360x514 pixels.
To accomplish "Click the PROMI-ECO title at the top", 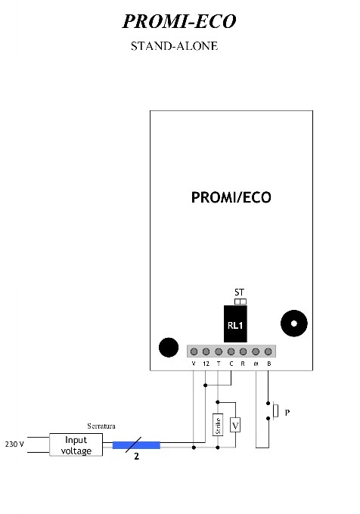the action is pos(179,22).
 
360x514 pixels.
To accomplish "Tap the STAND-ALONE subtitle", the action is pos(174,46).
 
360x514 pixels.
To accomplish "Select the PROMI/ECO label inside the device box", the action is pos(231,197).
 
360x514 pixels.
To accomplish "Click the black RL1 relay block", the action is pos(235,324).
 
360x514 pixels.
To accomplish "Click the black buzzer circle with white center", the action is pos(293,324).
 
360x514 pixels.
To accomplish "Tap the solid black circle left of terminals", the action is pos(169,347).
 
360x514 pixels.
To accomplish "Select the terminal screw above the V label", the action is pos(194,351).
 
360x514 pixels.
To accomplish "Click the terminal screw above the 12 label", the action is pos(206,351).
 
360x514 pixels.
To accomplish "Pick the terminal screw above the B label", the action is pos(268,351).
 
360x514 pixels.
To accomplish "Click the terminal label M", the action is pos(256,364).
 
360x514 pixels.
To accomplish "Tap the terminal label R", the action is pos(243,364).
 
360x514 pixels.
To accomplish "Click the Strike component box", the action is pos(218,425).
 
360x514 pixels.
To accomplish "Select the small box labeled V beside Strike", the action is pos(235,426).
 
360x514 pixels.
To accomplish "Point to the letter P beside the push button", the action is pos(287,413).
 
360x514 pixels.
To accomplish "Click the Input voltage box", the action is pos(76,444).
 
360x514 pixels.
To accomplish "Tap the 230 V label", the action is pos(14,444).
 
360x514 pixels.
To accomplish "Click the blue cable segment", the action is pos(136,445).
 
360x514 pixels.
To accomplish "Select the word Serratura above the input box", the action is pos(101,426).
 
